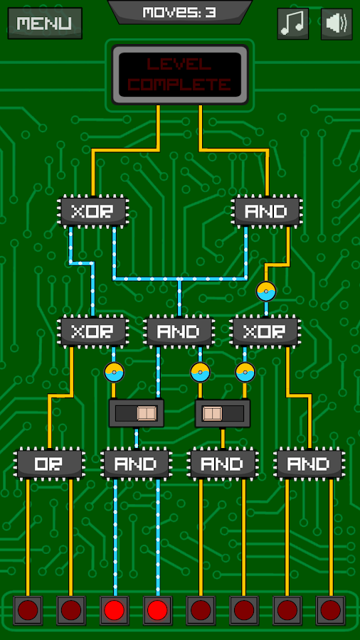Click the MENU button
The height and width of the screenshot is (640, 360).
[45, 23]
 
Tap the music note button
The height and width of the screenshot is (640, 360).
[292, 23]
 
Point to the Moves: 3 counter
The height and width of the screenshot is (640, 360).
[179, 12]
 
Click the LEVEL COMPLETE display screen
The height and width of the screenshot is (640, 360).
[179, 75]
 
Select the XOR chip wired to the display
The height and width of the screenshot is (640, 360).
[93, 210]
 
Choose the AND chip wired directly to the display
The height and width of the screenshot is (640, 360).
[267, 210]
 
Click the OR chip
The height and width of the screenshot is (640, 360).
[50, 463]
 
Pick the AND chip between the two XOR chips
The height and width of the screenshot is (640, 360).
[179, 331]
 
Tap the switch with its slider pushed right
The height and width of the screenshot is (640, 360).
[137, 413]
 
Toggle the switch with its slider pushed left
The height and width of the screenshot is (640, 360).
[223, 413]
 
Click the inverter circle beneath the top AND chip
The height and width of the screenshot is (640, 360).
[266, 292]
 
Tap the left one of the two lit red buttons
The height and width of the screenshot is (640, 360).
[115, 610]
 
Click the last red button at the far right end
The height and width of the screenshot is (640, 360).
[330, 610]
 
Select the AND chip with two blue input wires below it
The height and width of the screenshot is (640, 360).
[136, 463]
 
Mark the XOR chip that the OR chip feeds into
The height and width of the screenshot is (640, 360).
[93, 331]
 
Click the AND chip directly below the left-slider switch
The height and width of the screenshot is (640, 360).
[223, 463]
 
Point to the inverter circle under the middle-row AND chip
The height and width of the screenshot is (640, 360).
[200, 373]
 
